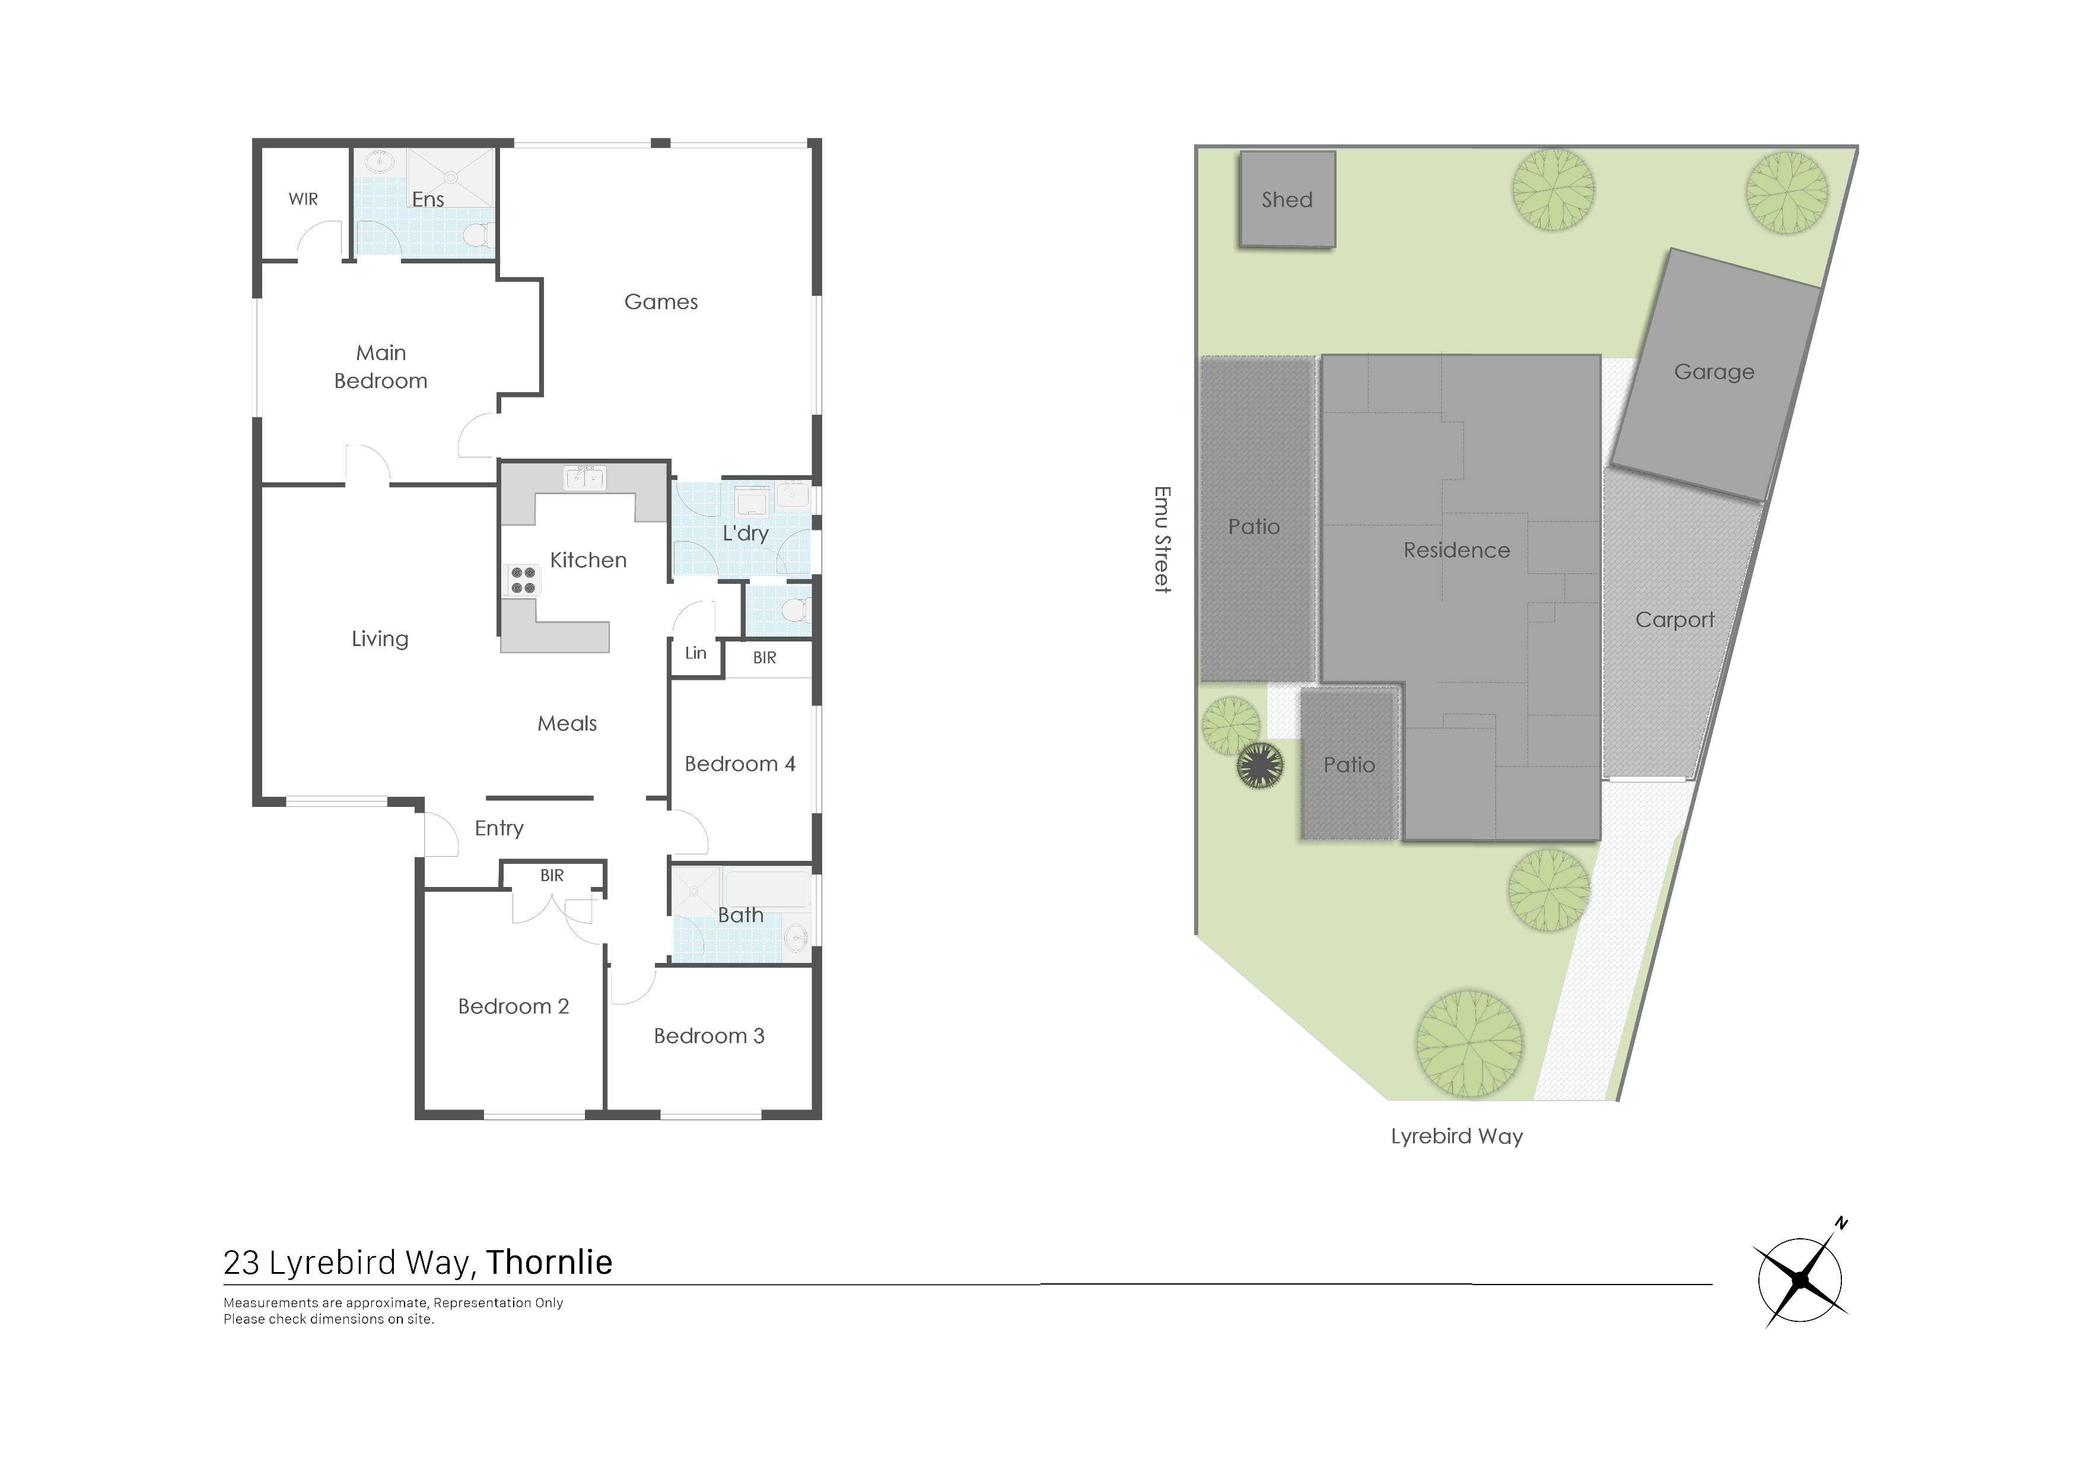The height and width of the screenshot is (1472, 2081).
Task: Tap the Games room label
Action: pyautogui.click(x=661, y=302)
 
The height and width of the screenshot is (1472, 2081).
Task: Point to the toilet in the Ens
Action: pyautogui.click(x=477, y=236)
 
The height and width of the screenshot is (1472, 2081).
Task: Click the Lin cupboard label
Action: pyautogui.click(x=695, y=653)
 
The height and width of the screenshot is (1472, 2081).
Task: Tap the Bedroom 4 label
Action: pyautogui.click(x=740, y=764)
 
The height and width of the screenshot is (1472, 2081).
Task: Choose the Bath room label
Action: pyautogui.click(x=740, y=915)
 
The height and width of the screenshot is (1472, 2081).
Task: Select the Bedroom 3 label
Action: pyautogui.click(x=709, y=1036)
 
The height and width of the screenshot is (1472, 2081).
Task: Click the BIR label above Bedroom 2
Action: pyautogui.click(x=551, y=876)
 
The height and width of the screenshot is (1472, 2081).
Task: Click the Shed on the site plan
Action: pyautogui.click(x=1287, y=199)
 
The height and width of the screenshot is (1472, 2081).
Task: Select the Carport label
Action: pyautogui.click(x=1675, y=621)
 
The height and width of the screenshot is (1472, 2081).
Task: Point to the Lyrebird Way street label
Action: pyautogui.click(x=1456, y=1137)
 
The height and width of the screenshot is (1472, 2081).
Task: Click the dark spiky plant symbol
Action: pyautogui.click(x=1260, y=765)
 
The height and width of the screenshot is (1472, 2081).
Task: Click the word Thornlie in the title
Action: pyautogui.click(x=549, y=1263)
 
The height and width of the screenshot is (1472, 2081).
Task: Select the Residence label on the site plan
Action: pyautogui.click(x=1456, y=550)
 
